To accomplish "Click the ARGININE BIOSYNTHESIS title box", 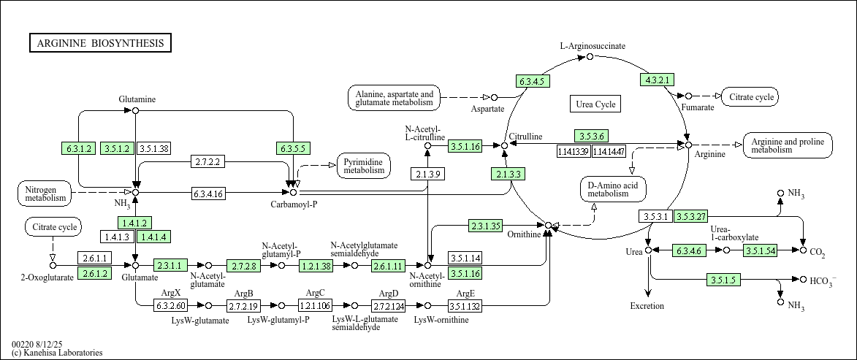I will [100, 43].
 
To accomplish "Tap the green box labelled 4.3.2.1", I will [656, 80].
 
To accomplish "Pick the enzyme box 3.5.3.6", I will [591, 137].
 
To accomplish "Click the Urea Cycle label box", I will [595, 104].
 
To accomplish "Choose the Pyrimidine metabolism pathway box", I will [364, 166].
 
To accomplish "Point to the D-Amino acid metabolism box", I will [612, 189].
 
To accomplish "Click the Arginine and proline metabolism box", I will [787, 145].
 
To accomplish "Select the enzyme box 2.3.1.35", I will [486, 226].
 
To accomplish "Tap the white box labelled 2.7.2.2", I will [208, 161].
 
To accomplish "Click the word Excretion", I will [647, 306].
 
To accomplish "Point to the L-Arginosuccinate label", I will [593, 46].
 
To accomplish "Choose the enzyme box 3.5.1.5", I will [724, 280].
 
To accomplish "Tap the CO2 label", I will [818, 253].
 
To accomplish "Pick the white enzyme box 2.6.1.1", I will [95, 258].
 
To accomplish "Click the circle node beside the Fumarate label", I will [687, 96].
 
